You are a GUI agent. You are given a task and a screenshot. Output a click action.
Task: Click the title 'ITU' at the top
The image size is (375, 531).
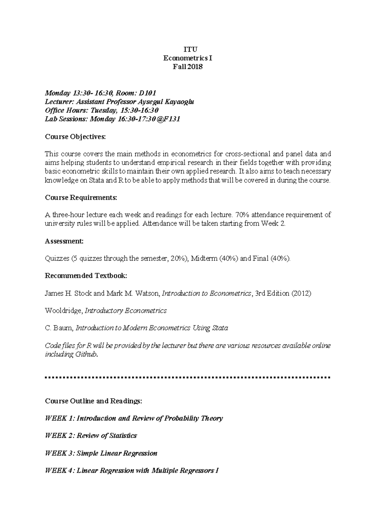188,49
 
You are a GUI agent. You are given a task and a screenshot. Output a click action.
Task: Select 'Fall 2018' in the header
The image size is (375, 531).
188,67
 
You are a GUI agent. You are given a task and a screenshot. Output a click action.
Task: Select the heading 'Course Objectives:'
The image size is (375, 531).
75,137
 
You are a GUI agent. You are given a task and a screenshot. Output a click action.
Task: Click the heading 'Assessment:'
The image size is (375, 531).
64,241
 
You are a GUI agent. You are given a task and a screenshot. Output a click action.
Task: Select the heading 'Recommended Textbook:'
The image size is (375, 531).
86,276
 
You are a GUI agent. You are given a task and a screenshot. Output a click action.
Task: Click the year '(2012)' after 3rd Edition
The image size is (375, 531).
301,294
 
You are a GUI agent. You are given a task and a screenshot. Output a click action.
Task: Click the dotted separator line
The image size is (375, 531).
187,377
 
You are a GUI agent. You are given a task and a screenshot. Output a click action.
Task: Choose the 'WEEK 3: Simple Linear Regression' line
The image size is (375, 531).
101,453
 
